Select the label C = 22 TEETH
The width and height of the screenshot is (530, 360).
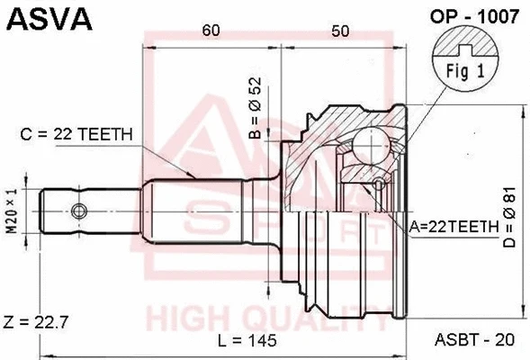77,134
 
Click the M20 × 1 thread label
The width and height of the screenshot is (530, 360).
12,212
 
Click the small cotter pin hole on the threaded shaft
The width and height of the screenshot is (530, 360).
79,211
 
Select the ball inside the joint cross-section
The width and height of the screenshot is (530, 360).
368,141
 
